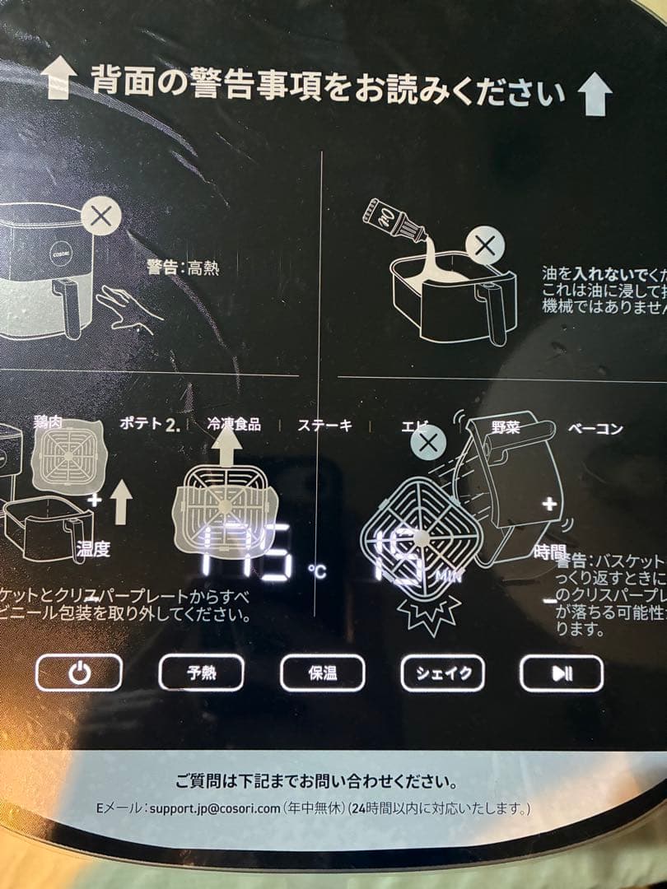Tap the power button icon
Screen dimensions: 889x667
click(79, 673)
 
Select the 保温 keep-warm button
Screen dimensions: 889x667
click(322, 673)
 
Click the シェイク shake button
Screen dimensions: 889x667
click(442, 673)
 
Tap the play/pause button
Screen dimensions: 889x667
click(562, 673)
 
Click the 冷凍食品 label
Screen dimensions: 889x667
click(235, 424)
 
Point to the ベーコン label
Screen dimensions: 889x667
click(595, 428)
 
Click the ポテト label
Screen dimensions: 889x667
click(142, 424)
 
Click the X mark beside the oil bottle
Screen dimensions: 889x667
click(486, 245)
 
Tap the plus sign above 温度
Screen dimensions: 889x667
click(95, 500)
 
